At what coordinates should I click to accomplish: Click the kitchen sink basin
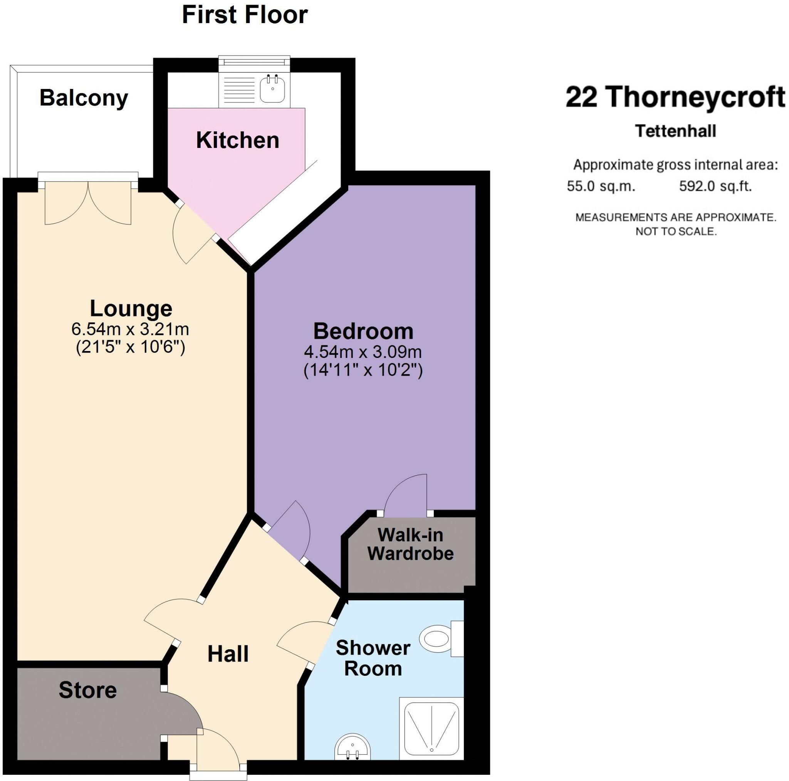click(272, 89)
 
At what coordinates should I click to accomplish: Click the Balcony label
click(84, 98)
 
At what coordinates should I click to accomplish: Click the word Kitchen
click(238, 141)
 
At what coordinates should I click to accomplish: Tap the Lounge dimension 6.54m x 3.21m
click(130, 329)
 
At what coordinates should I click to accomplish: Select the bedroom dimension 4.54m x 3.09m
click(363, 352)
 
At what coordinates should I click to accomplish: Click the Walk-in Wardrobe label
click(410, 544)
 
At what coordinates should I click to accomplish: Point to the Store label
click(88, 690)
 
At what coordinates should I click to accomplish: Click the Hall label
click(228, 654)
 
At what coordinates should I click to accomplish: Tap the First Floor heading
click(245, 15)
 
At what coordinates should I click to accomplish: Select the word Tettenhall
click(675, 131)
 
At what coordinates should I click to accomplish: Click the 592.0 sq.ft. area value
click(715, 186)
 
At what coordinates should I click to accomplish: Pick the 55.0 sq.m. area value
click(601, 186)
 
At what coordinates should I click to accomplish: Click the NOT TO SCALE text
click(676, 232)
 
